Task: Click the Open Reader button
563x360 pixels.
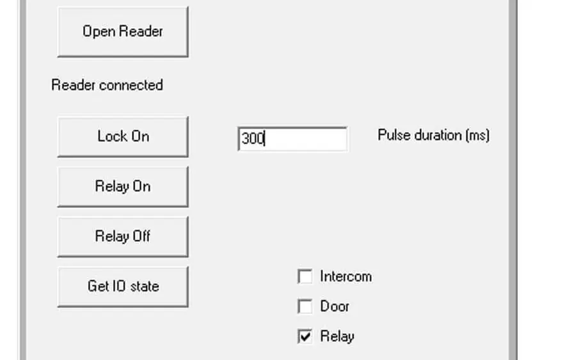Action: tap(123, 31)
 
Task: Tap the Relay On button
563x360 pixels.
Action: tap(123, 187)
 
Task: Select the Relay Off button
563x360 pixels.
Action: tap(123, 237)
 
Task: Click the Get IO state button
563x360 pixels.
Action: tap(123, 286)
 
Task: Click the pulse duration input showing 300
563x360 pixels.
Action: tap(292, 139)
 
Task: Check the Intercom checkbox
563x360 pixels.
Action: tap(305, 276)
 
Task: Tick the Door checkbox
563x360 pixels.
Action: tap(305, 306)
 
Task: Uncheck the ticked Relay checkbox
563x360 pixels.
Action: tap(305, 336)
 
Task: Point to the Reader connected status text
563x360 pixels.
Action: tap(107, 85)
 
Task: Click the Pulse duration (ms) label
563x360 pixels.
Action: tap(433, 136)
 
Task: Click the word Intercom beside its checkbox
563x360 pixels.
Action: tap(345, 276)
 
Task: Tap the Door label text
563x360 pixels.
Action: tap(334, 306)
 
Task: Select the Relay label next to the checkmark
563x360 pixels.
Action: tap(337, 337)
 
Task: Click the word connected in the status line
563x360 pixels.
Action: tap(131, 85)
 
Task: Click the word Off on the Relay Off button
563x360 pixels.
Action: tap(141, 236)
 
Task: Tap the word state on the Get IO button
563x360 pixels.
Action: tap(145, 286)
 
